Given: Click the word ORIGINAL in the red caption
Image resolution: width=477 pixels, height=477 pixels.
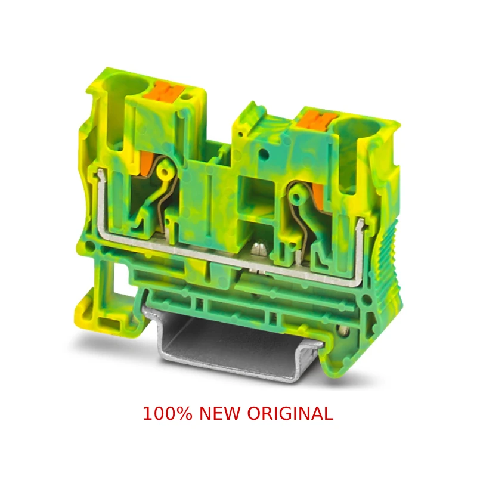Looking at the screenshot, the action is tap(290, 413).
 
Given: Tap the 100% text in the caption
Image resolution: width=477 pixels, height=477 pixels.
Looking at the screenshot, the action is tap(168, 413).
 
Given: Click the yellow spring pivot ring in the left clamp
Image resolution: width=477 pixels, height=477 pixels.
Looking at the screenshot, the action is tap(165, 172).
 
